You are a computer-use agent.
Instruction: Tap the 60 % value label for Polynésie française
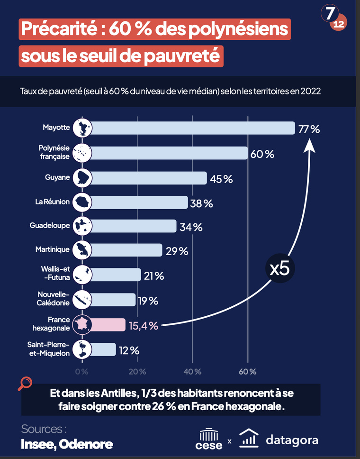(262, 154)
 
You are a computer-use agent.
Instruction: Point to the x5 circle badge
(279, 268)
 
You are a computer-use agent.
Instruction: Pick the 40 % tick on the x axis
(192, 371)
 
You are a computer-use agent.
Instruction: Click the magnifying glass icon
(25, 383)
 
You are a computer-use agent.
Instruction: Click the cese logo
(209, 438)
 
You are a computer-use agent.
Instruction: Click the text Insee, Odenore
(67, 444)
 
